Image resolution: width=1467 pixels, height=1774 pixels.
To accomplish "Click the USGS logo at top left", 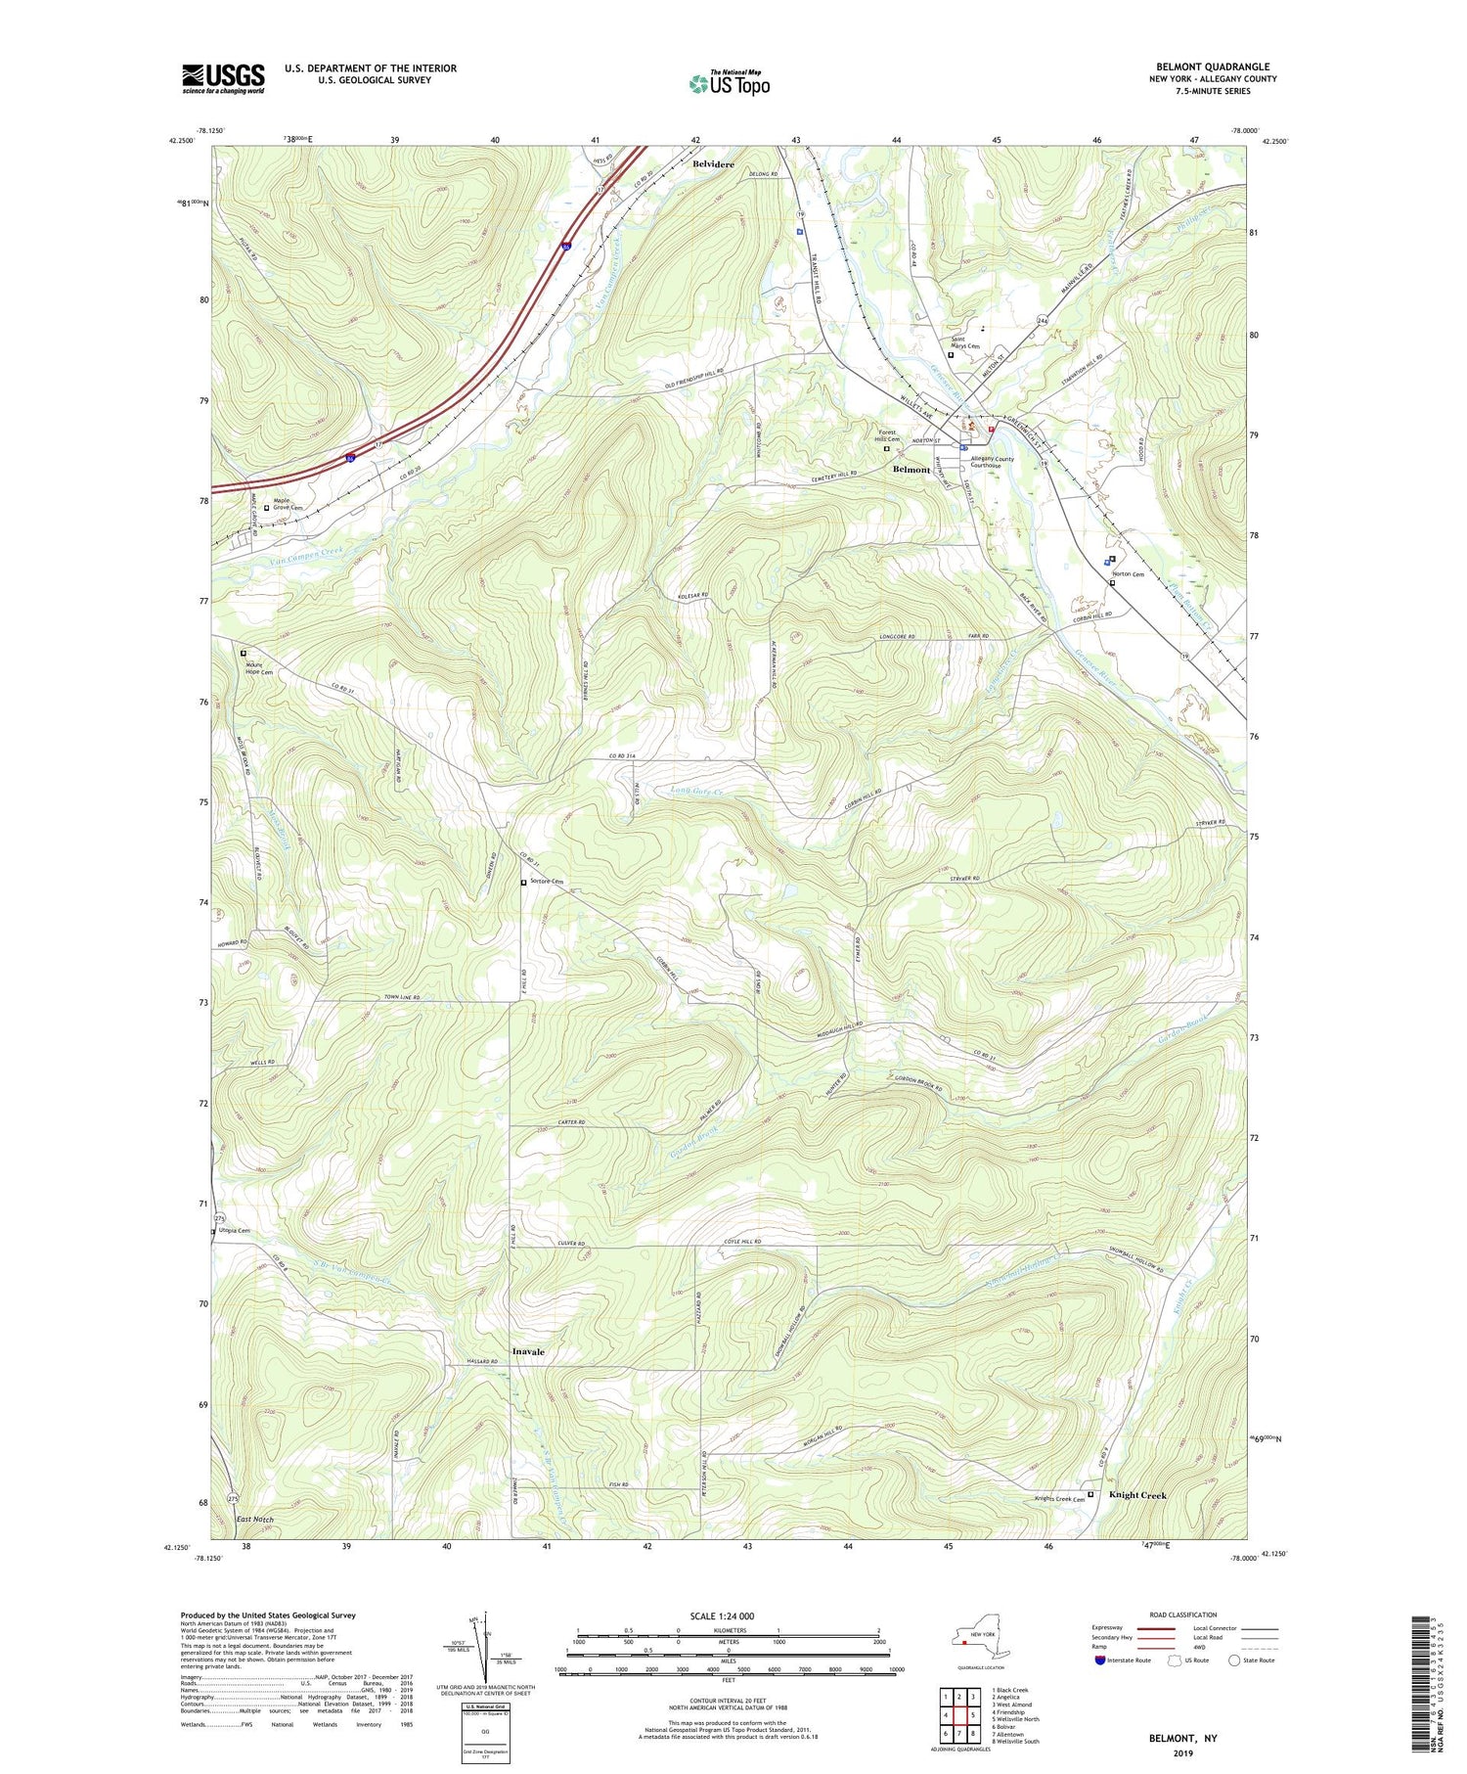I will click(x=223, y=78).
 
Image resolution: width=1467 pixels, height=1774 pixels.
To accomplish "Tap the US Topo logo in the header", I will click(x=730, y=83).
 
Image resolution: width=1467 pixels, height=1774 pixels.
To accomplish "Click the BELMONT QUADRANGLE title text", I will click(x=1202, y=68).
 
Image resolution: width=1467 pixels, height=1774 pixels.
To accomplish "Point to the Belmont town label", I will click(x=911, y=470).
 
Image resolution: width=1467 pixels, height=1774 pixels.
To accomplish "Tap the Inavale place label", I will click(x=528, y=1351).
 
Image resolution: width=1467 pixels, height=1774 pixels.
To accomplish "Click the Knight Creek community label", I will click(x=1137, y=1495).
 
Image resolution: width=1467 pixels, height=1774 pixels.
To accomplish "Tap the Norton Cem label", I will click(x=1132, y=574).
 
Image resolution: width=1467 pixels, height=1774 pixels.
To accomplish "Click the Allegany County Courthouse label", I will click(x=992, y=462).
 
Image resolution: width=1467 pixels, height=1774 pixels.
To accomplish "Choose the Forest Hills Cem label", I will click(x=888, y=435).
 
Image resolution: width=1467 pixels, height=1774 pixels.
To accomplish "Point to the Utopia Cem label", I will click(x=233, y=1231).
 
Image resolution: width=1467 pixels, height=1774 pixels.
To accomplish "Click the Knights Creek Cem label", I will click(x=1059, y=1499).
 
